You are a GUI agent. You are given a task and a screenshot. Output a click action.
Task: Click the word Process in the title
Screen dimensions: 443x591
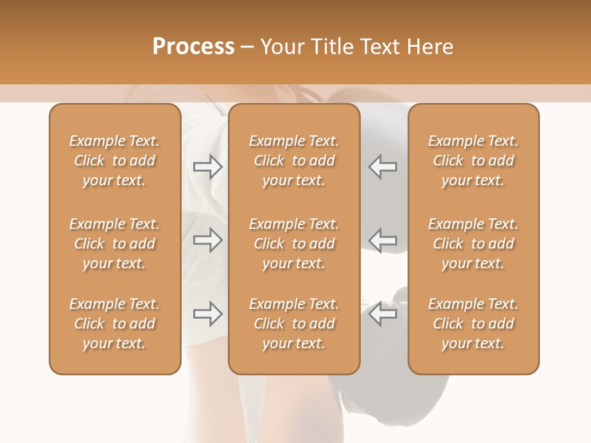[193, 47]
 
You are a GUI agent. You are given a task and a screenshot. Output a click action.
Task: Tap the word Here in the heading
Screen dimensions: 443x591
[428, 47]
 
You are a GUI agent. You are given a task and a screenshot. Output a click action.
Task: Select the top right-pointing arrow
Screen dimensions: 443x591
[208, 167]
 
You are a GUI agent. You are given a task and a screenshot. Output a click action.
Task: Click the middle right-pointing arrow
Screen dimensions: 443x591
[208, 241]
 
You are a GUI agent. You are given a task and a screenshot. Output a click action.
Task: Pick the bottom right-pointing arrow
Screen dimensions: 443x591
[208, 314]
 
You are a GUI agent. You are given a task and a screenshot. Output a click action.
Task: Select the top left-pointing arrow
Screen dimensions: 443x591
[383, 167]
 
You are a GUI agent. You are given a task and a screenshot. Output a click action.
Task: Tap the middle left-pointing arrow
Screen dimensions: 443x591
[383, 241]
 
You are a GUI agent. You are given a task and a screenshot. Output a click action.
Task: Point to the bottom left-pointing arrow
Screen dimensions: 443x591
[383, 314]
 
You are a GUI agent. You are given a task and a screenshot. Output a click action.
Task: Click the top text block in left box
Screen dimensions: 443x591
[115, 161]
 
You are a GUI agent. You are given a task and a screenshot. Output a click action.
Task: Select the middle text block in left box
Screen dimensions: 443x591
[115, 244]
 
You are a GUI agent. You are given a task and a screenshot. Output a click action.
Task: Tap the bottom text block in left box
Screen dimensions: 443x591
[115, 324]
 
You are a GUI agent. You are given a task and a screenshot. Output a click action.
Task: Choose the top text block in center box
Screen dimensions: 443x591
[294, 161]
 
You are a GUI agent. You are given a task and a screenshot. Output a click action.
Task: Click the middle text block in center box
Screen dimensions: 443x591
[294, 244]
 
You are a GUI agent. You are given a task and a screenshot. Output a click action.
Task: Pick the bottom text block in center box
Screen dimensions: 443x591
[294, 324]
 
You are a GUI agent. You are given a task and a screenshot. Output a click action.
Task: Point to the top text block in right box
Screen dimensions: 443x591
[473, 161]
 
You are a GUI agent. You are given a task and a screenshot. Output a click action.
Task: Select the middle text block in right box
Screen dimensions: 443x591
[473, 244]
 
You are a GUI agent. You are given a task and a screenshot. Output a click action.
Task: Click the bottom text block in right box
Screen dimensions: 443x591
[473, 324]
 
